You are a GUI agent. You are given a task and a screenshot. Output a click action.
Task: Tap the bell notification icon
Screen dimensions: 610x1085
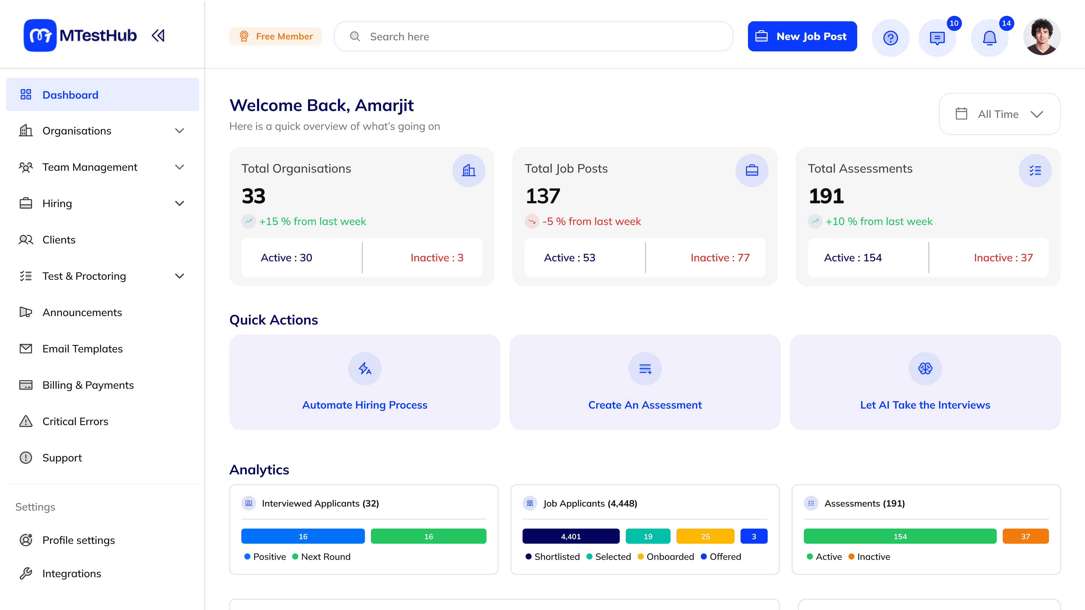[x=989, y=38]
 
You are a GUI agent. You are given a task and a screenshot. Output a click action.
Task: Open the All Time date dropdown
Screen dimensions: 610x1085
[x=999, y=114]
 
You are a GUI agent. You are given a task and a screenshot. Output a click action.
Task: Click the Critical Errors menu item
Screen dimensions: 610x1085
[x=75, y=421]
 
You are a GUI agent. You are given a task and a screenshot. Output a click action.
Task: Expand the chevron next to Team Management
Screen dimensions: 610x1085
[x=179, y=167]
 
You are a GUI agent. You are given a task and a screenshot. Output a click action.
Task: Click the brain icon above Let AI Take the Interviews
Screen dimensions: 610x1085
[x=925, y=368]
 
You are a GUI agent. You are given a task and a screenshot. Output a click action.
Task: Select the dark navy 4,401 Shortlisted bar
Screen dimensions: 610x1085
[x=571, y=536]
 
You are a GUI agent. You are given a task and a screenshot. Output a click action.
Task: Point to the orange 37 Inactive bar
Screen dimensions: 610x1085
[x=1025, y=536]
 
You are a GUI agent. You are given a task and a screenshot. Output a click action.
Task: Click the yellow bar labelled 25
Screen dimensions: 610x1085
[x=705, y=536]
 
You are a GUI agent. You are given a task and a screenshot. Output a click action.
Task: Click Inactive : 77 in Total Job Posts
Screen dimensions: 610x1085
[x=720, y=258]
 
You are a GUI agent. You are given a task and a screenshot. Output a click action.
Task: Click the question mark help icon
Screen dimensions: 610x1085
[x=890, y=38]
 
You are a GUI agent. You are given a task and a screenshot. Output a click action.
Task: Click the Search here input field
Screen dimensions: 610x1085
[x=533, y=37]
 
